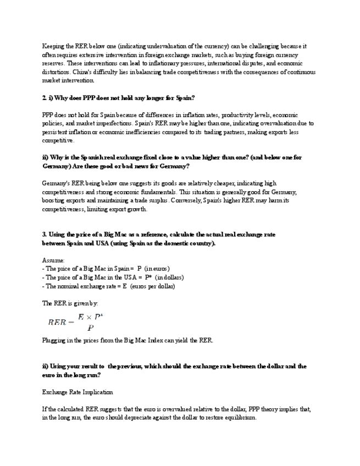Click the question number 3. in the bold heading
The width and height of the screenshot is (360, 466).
tap(45, 234)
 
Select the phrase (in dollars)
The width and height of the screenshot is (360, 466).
tap(169, 278)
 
